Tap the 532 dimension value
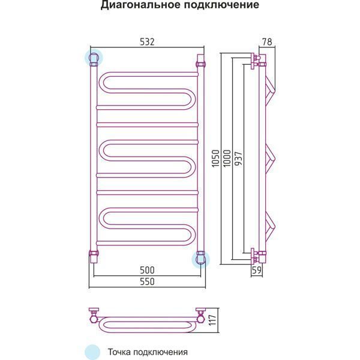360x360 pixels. tap(147, 42)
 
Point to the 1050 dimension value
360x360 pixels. tap(214, 158)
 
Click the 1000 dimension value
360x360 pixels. tap(226, 158)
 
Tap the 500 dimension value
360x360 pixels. tap(147, 269)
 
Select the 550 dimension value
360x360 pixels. tap(147, 281)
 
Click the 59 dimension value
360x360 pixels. tap(256, 270)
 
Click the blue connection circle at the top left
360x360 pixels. tap(94, 58)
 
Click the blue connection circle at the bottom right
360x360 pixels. tap(200, 259)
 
